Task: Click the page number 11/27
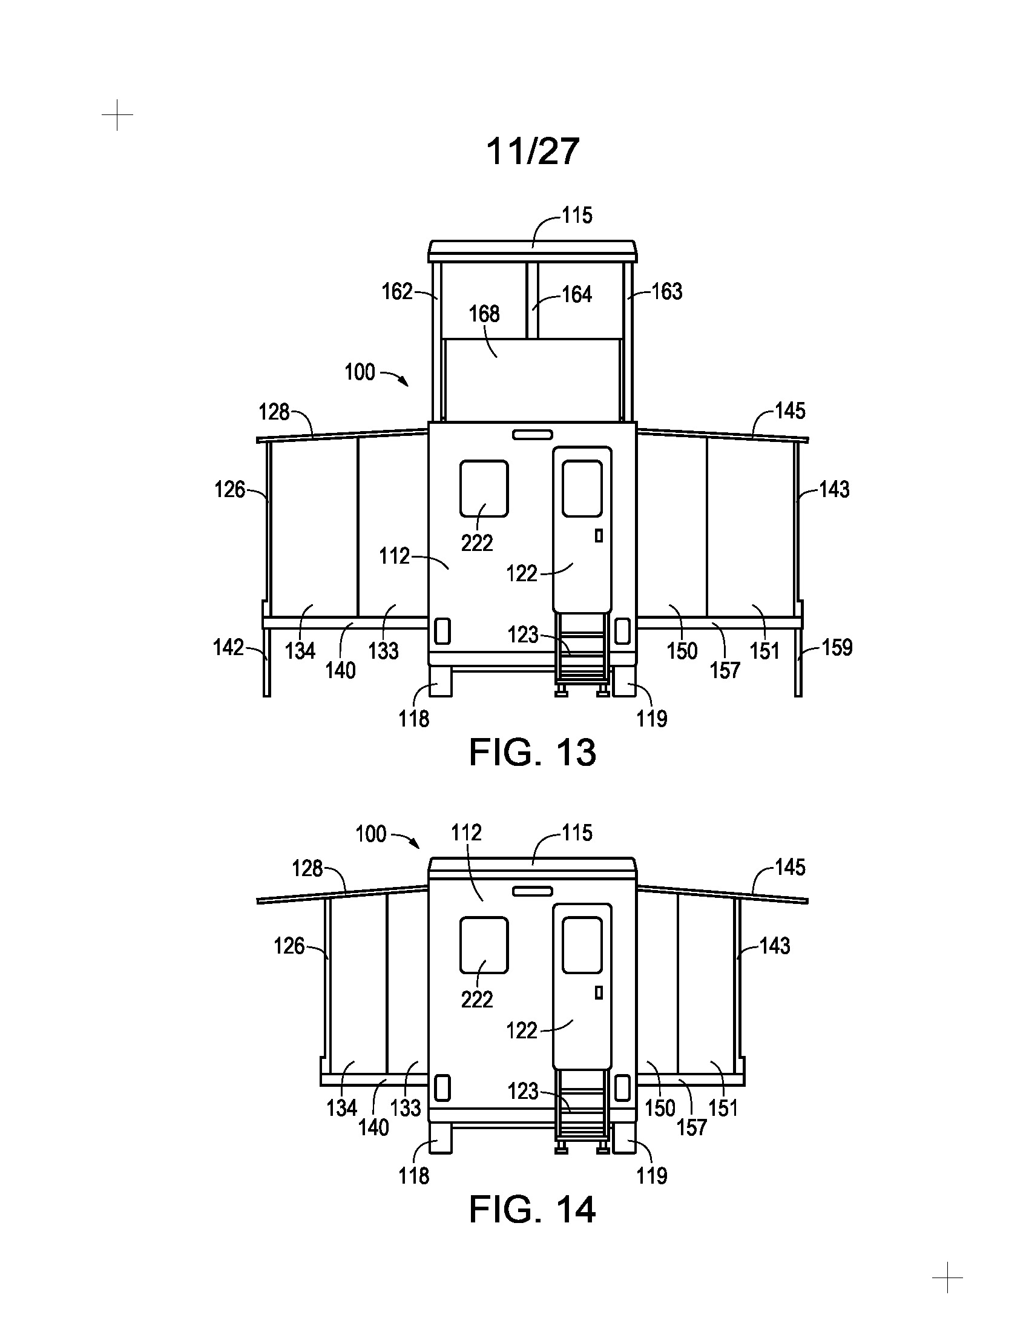coord(532,151)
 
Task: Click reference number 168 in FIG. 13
coord(484,314)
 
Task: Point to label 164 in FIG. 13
coord(577,295)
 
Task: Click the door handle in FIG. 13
coord(599,535)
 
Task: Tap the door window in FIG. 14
coord(582,945)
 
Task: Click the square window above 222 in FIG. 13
coord(484,489)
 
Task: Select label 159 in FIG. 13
coord(837,647)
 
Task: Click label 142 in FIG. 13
coord(229,647)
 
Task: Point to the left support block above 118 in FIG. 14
coord(441,1138)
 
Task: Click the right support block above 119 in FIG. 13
coord(624,681)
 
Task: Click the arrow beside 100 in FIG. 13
coord(395,377)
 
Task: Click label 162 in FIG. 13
coord(398,292)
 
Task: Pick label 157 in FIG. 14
coord(692,1127)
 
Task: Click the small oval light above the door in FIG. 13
coord(532,434)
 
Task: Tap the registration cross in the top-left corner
coord(117,114)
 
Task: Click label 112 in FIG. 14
coord(466,832)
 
